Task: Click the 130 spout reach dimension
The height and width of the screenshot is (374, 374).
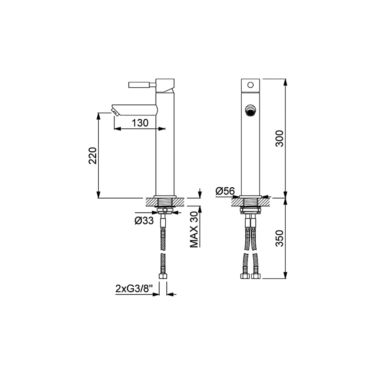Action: [140, 123]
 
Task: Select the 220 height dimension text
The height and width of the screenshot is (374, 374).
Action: [92, 156]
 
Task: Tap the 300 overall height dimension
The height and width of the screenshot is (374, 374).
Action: [279, 139]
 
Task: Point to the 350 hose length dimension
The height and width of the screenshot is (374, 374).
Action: [279, 238]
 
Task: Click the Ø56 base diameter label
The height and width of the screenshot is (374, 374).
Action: [225, 191]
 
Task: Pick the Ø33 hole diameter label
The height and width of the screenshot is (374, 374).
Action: [144, 221]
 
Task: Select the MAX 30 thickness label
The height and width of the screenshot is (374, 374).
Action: [194, 230]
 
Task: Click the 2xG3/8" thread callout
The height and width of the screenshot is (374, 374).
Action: [134, 289]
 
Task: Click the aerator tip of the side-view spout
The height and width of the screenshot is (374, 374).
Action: [114, 112]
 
